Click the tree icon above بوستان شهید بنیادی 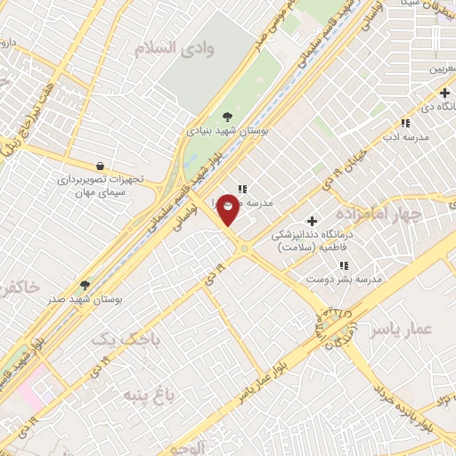pos(228,115)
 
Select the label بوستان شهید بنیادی pos(228,130)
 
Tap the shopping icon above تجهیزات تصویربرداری pos(100,165)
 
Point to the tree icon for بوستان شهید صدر pos(85,285)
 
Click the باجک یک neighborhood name pos(118,338)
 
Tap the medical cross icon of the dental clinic pos(312,221)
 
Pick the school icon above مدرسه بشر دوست pos(343,265)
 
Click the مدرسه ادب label pos(406,137)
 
